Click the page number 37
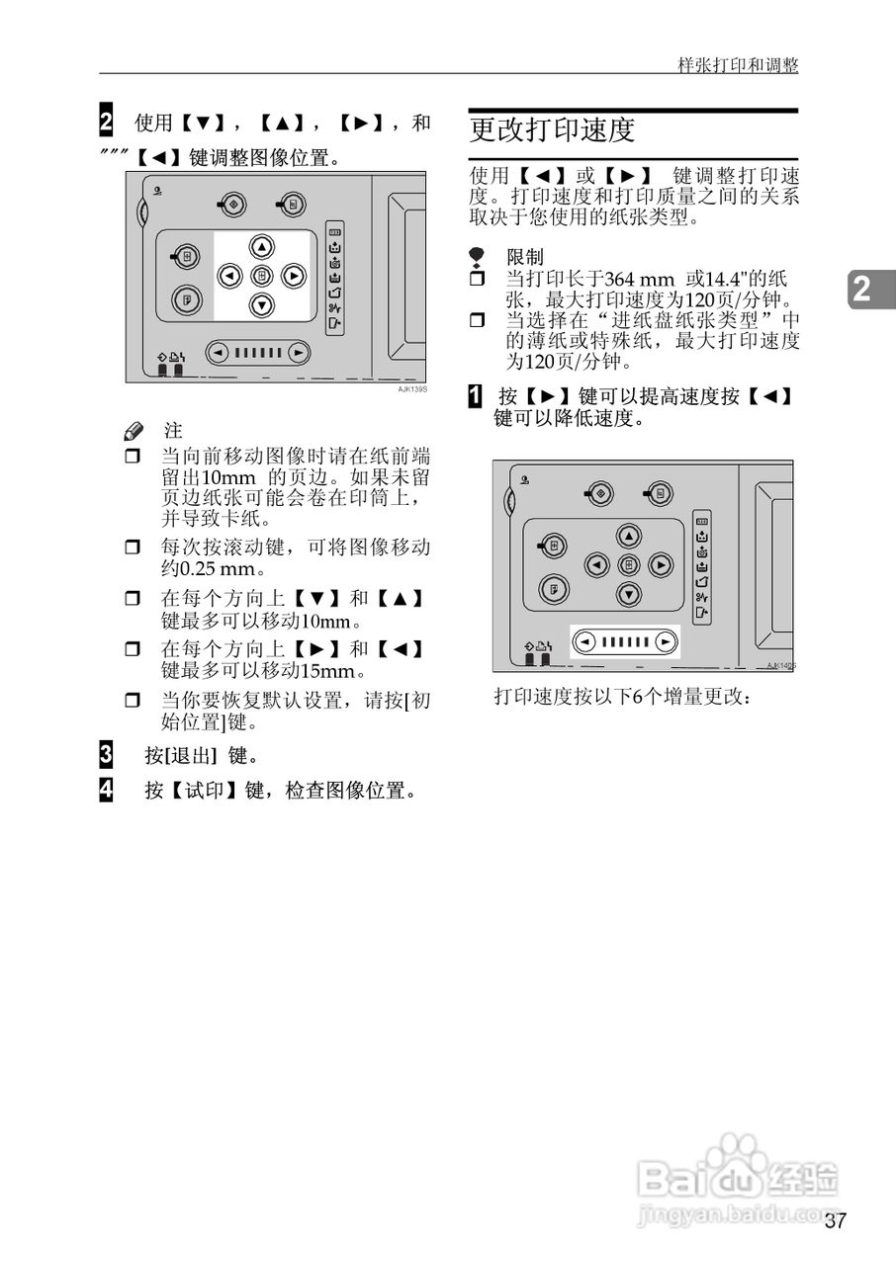click(835, 1221)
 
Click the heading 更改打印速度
click(552, 130)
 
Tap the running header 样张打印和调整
click(738, 65)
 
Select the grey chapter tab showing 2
click(862, 290)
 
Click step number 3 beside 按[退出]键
click(106, 755)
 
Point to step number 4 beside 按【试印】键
click(106, 789)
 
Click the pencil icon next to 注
click(134, 431)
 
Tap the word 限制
click(524, 257)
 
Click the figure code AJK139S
click(412, 390)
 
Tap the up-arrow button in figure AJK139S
click(261, 247)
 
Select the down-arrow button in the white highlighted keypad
click(261, 305)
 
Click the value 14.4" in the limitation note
click(724, 280)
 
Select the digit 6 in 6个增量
click(637, 696)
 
